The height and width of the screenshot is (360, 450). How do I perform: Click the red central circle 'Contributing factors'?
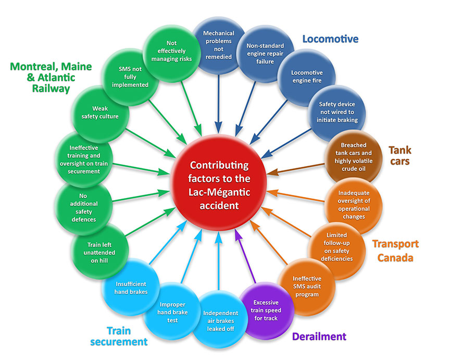219,184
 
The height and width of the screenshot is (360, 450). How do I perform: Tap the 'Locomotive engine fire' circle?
307,77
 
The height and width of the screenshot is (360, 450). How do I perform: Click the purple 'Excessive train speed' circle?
266,310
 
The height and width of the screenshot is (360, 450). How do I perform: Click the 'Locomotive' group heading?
330,39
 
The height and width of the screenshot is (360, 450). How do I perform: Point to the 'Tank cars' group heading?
399,155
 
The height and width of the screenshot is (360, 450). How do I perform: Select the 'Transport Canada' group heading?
395,251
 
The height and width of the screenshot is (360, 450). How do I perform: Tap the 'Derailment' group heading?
319,336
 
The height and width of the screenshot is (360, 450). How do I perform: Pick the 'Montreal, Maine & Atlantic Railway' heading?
51,78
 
